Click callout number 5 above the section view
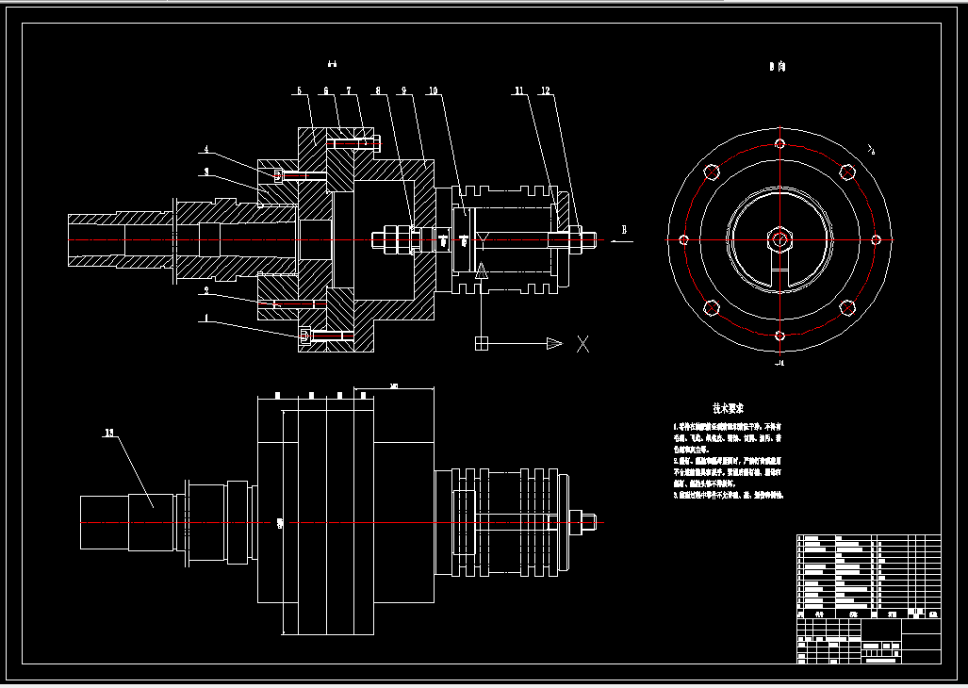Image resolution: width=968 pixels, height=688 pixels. coord(299,91)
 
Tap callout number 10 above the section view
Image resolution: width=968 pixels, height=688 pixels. coord(433,91)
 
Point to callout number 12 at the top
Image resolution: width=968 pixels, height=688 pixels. coord(545,91)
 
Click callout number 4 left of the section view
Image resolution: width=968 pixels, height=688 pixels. coord(207,151)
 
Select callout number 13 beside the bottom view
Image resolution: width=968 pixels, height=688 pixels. coord(110,434)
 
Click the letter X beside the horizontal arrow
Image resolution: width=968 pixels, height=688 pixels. coord(582,344)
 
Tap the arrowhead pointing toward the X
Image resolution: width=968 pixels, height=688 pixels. coord(554,344)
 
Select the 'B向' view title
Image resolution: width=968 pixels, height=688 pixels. coord(778,67)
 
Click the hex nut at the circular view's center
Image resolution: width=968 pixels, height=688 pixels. coord(779,239)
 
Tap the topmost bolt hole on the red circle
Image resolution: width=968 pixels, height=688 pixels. coord(779,144)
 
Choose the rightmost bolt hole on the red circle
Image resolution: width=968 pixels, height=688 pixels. coord(876,239)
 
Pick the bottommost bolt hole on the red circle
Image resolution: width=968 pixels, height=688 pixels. coord(779,336)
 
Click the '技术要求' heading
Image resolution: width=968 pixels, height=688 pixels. coord(728,409)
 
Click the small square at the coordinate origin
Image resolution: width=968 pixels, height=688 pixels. coord(481,343)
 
